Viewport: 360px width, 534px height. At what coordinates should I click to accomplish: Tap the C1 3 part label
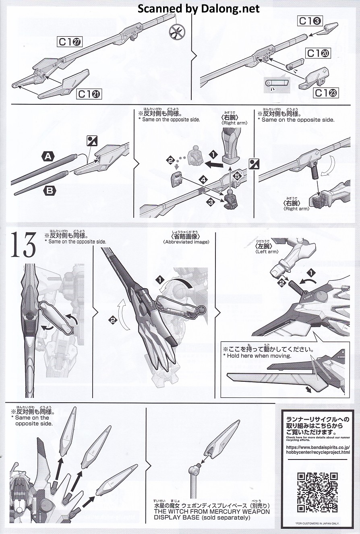coord(309,21)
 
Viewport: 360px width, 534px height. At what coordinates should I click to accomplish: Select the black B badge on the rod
coord(49,190)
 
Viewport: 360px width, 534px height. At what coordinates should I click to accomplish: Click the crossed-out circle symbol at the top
coord(177,32)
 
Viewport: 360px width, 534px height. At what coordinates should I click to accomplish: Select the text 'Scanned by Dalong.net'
coord(199,8)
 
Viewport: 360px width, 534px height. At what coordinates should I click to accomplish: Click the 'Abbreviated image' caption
coord(186,242)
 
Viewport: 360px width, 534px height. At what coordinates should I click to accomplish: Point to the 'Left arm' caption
coord(267,251)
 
